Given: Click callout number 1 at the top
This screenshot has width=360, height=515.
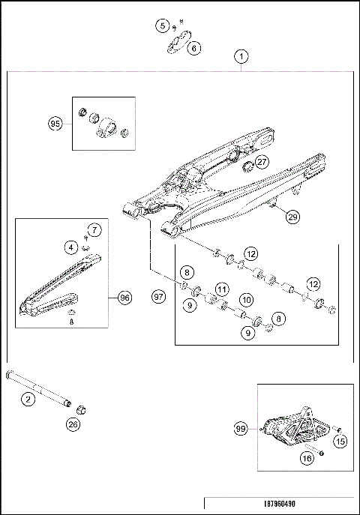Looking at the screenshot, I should (241, 56).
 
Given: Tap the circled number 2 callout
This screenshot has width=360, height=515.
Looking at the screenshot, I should (28, 400).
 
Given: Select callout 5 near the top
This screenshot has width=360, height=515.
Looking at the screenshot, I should (163, 25).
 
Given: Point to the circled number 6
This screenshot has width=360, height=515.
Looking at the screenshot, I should (194, 48).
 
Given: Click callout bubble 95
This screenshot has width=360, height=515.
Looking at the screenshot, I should (55, 124).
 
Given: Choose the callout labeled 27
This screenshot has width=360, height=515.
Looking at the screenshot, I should (260, 161).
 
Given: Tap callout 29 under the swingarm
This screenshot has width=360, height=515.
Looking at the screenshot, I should (292, 217).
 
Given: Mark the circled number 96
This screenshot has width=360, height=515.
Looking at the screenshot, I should (124, 298).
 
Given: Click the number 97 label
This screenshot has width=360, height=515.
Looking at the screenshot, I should (157, 298).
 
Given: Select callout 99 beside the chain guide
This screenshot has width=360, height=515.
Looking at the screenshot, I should (241, 429).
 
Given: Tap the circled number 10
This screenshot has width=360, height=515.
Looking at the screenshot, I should (244, 300).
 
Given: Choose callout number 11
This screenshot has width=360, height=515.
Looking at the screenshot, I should (221, 289).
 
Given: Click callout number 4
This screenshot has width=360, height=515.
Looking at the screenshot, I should (68, 246).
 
